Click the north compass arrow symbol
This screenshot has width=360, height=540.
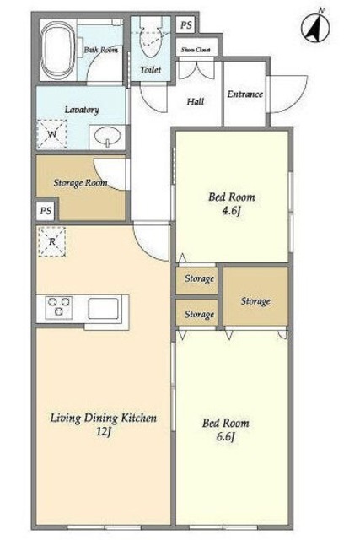(x=316, y=27)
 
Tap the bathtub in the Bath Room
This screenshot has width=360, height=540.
(x=58, y=51)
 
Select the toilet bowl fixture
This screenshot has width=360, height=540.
(x=151, y=38)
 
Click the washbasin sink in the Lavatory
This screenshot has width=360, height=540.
(x=107, y=137)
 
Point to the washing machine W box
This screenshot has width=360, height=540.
(x=51, y=134)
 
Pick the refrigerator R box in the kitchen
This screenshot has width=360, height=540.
(x=51, y=242)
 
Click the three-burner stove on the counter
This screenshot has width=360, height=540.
(x=59, y=306)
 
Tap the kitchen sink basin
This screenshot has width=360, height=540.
(x=103, y=308)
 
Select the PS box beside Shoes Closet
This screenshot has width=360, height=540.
(x=185, y=25)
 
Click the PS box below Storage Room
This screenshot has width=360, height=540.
(x=46, y=210)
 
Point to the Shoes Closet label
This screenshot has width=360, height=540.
(x=196, y=50)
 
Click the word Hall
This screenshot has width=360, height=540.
(x=195, y=101)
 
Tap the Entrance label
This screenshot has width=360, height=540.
(x=244, y=94)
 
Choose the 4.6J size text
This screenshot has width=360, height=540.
(x=231, y=211)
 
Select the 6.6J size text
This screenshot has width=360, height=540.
(x=226, y=437)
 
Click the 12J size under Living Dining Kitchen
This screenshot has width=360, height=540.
(x=104, y=431)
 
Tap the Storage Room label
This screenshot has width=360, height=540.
(x=80, y=183)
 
